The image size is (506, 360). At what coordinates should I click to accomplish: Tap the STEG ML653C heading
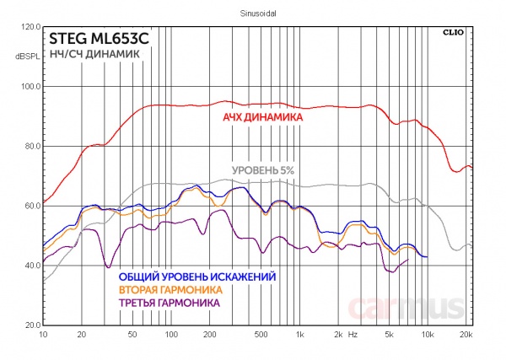point(99,39)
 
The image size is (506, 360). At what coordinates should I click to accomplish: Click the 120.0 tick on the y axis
point(30,27)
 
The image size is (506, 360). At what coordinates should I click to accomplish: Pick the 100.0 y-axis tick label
point(30,87)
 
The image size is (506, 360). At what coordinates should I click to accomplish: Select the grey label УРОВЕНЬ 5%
point(262,171)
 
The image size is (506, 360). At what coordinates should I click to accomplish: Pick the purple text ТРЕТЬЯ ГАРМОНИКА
point(170,302)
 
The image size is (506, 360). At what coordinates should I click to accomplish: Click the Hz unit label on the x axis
point(353,335)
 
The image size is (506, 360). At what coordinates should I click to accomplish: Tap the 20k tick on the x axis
point(466,335)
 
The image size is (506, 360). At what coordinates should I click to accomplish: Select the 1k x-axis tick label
point(299,335)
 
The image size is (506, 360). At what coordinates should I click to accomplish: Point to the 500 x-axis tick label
point(260,335)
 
